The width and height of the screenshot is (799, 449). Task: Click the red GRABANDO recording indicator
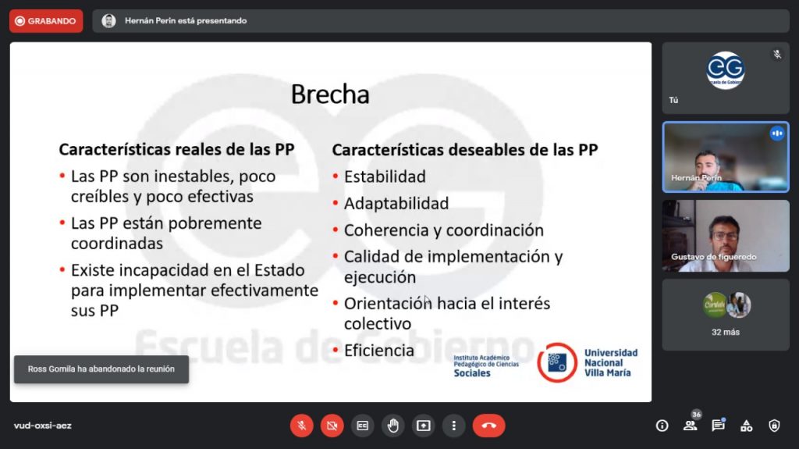click(46, 21)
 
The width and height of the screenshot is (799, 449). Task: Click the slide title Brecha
click(330, 94)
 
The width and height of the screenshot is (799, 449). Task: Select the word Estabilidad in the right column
click(385, 176)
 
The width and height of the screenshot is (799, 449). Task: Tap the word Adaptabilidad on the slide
click(396, 204)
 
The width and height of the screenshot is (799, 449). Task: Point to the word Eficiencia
click(379, 351)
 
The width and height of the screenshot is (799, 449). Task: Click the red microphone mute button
click(302, 426)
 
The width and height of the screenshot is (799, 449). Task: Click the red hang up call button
click(488, 426)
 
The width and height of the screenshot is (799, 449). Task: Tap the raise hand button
click(393, 426)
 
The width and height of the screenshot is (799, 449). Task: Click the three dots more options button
click(453, 426)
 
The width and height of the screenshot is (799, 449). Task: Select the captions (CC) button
click(362, 426)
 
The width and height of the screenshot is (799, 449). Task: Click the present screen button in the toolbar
click(424, 426)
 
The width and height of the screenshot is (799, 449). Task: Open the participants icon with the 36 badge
click(691, 425)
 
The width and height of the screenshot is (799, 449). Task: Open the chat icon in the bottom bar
click(719, 425)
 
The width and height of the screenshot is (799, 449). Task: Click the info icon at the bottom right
click(662, 426)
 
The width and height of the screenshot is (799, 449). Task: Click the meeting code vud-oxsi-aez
click(43, 426)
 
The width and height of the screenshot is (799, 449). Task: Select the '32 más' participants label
click(726, 332)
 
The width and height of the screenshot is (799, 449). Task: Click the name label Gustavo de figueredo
click(713, 257)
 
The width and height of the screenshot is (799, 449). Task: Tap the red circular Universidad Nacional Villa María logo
click(557, 363)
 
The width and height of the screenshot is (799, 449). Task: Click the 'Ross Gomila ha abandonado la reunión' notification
click(101, 369)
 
